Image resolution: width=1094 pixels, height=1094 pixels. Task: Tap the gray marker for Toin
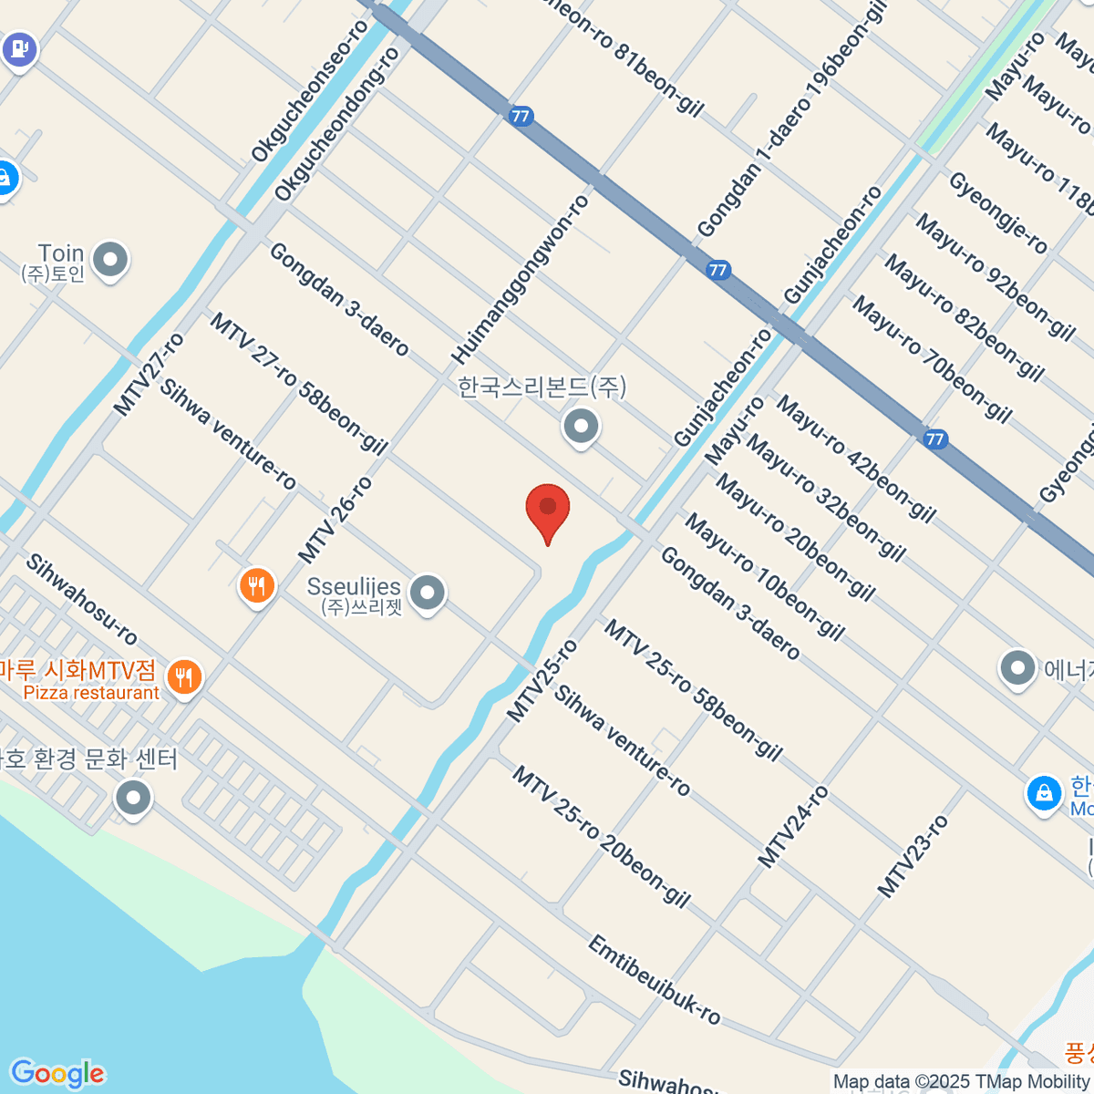[111, 261]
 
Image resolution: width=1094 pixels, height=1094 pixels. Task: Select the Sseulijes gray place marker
[427, 593]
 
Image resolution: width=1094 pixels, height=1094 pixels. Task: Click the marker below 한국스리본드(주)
[580, 426]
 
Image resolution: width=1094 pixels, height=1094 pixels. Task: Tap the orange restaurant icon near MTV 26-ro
[257, 585]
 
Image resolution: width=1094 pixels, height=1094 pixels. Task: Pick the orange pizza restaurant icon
[185, 676]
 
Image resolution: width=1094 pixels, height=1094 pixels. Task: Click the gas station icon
[19, 47]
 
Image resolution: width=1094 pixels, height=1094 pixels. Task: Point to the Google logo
[57, 1073]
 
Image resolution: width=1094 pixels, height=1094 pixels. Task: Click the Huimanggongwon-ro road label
[521, 278]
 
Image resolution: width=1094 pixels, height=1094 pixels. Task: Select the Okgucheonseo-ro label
[310, 91]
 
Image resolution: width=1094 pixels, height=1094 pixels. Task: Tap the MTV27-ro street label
[150, 375]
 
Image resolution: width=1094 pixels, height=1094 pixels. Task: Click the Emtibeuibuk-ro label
[654, 980]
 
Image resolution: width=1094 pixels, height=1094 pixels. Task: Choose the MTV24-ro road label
[793, 826]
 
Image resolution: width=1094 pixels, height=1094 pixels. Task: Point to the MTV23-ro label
[913, 855]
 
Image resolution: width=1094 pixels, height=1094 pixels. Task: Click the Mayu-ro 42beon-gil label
[855, 459]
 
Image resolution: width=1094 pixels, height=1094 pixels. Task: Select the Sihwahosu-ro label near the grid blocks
[81, 599]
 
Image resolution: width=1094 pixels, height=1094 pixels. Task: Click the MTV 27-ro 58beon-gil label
[299, 384]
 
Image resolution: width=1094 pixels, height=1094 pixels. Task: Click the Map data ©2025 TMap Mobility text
[962, 1082]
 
